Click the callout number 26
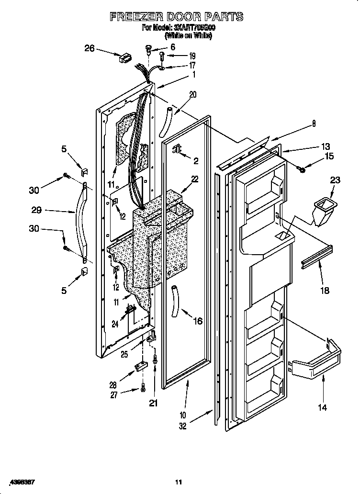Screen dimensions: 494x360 click(x=90, y=48)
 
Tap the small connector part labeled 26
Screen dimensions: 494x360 click(x=125, y=59)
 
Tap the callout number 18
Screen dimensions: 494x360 click(x=325, y=291)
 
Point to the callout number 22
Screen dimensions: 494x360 click(x=194, y=179)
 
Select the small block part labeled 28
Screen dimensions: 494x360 click(x=140, y=367)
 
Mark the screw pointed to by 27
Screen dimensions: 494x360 click(x=143, y=388)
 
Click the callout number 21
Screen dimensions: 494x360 click(x=153, y=403)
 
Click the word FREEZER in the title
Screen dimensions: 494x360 click(x=139, y=17)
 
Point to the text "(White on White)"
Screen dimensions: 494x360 click(x=188, y=35)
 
